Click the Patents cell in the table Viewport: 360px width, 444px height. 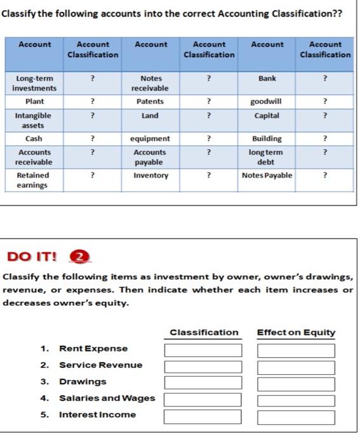150,101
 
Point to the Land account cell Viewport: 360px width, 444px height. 150,116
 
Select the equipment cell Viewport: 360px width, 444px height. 150,138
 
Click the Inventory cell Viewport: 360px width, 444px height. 150,175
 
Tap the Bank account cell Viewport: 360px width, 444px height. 267,79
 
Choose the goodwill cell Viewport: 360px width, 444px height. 267,101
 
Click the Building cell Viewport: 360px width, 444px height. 267,138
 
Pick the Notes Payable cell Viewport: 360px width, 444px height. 267,175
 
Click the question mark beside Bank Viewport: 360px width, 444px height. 326,79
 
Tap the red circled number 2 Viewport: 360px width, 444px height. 76,257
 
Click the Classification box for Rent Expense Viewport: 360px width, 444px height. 203,349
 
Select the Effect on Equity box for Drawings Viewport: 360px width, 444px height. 296,382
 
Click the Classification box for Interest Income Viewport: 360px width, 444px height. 203,415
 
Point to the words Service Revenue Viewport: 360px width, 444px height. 100,365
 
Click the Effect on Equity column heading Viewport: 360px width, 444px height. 296,332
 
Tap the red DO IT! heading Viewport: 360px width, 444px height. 32,257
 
